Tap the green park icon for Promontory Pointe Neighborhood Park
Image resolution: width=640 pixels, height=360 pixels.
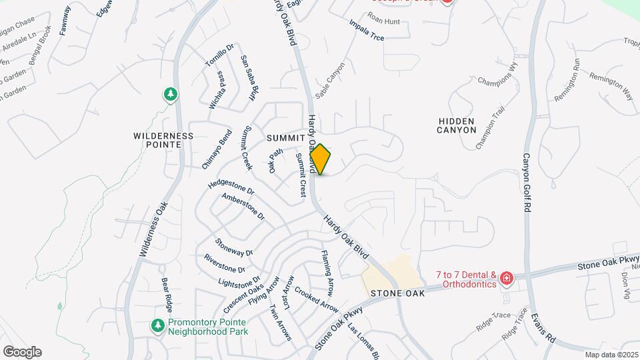(158, 325)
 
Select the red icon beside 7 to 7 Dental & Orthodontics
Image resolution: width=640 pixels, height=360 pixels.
(507, 278)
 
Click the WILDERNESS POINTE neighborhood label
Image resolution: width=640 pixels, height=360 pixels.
(163, 140)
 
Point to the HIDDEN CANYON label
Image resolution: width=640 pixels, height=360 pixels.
(457, 125)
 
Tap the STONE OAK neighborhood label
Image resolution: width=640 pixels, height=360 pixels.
(397, 293)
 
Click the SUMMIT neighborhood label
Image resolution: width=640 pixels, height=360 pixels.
(285, 137)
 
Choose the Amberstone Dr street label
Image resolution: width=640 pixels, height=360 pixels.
(243, 207)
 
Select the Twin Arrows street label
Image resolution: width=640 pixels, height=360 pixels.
(280, 323)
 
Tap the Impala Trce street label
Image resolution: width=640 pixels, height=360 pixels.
(367, 30)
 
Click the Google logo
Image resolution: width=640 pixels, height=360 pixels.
(22, 352)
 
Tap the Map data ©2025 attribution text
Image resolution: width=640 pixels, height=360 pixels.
(611, 355)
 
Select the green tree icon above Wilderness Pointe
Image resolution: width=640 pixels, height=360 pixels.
(171, 95)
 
